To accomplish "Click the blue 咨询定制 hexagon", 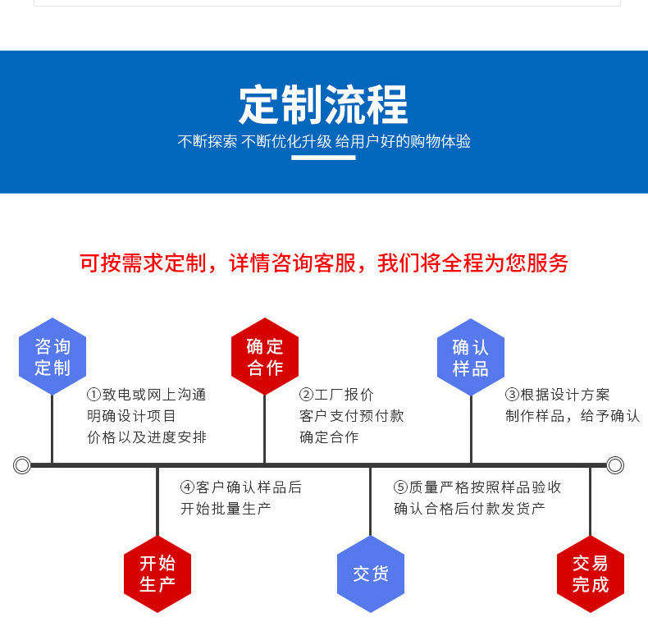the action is click(x=52, y=356).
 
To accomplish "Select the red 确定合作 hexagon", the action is click(x=265, y=356).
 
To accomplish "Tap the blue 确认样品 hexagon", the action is click(x=471, y=357).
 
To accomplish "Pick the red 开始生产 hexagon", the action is click(x=157, y=574).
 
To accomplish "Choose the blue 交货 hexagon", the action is click(x=371, y=574).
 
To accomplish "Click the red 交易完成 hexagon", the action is click(x=591, y=574).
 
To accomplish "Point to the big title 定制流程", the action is click(x=323, y=104).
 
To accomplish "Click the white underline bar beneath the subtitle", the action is click(x=323, y=158).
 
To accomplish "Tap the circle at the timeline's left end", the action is click(x=22, y=465).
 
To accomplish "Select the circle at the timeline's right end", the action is click(x=615, y=465).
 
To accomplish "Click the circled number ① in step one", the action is click(x=94, y=395).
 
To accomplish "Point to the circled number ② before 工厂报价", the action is click(x=306, y=395).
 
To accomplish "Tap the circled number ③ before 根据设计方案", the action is click(x=512, y=395).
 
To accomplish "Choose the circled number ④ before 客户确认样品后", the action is click(x=187, y=487).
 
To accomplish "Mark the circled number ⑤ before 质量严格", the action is click(x=400, y=487).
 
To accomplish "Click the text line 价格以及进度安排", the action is click(x=147, y=437).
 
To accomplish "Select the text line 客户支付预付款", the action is click(x=352, y=416).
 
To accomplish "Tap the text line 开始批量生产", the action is click(x=226, y=509).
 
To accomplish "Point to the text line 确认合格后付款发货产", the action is click(x=469, y=509).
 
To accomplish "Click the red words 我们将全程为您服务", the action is click(x=472, y=263).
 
